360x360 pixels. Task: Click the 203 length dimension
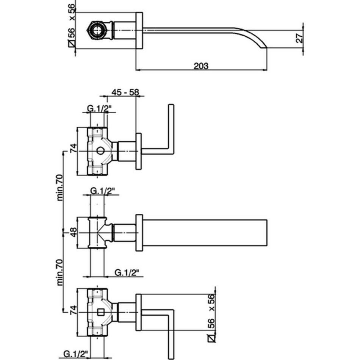(201, 66)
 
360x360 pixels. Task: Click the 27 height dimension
(299, 38)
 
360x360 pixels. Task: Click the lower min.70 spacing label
(60, 272)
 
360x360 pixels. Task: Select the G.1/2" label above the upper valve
(99, 110)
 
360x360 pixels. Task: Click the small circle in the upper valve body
(100, 151)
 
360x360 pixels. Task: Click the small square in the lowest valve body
(100, 313)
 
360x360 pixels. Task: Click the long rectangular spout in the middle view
(205, 232)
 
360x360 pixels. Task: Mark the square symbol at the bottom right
(212, 338)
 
